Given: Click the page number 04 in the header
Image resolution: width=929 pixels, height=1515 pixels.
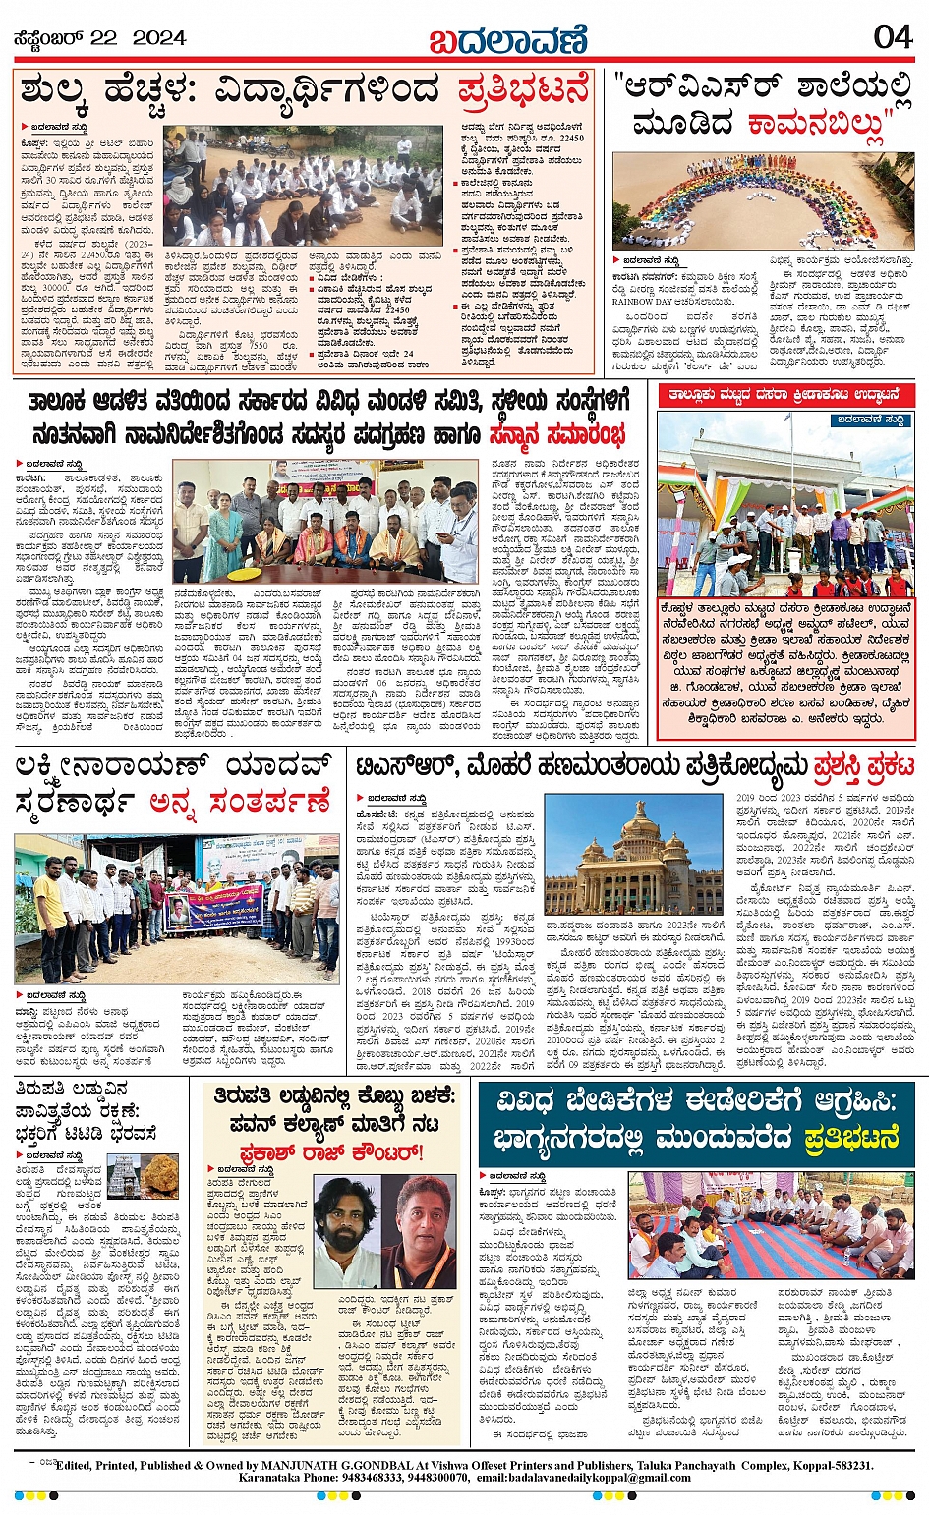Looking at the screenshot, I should tap(893, 37).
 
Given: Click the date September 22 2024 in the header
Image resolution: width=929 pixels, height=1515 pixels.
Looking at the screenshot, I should tap(99, 38).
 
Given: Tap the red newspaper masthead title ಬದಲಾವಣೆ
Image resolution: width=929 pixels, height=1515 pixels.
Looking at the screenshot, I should tap(507, 40).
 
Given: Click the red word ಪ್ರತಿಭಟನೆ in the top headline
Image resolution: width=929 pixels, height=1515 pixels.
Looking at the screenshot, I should tap(523, 90).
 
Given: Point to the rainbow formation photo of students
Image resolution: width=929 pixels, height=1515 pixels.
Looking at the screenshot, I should tap(762, 199).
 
